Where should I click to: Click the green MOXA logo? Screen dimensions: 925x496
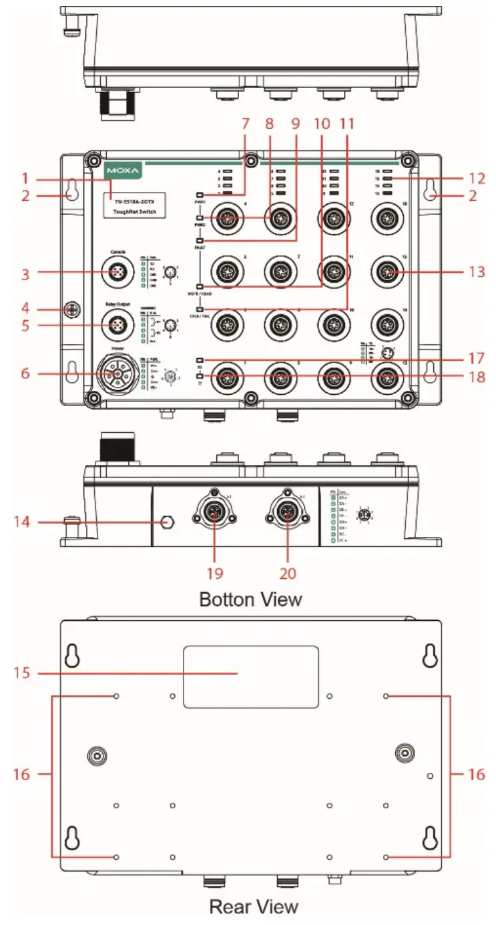point(123,171)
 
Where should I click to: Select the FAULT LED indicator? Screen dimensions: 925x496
point(200,240)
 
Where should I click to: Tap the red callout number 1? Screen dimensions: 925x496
point(25,179)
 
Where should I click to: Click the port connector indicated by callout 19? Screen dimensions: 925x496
point(215,512)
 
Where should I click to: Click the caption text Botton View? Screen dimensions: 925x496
point(250,599)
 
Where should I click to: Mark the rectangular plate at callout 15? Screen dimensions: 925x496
point(250,676)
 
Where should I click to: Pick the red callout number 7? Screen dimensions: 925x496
point(245,124)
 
